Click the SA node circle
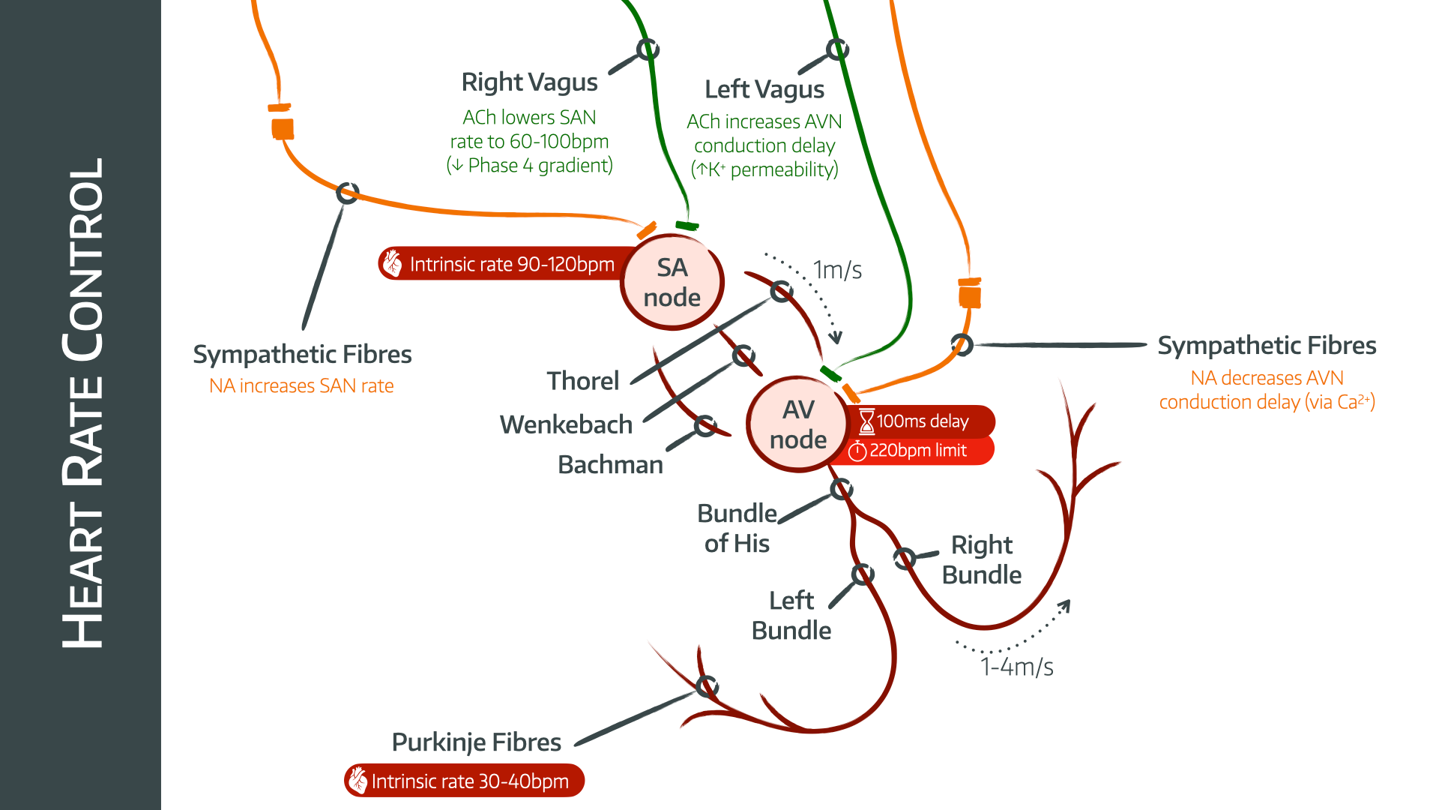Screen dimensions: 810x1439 (x=672, y=283)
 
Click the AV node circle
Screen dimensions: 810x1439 (x=797, y=424)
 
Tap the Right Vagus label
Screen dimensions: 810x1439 (x=529, y=82)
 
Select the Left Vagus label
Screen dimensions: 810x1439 (x=764, y=89)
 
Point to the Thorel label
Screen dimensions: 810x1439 (x=583, y=381)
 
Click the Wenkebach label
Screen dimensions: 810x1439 (x=566, y=424)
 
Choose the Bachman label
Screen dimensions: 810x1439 (x=610, y=465)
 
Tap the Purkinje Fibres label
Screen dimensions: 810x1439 (x=477, y=742)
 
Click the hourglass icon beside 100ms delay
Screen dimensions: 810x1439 (x=866, y=421)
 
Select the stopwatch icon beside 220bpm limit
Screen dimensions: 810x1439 (x=857, y=451)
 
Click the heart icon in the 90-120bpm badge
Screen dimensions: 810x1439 (x=393, y=264)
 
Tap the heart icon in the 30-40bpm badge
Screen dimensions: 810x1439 (x=358, y=781)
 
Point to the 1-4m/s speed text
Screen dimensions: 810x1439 (x=1016, y=667)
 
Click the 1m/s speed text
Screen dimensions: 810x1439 (x=837, y=270)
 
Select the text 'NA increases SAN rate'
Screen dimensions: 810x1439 (x=301, y=386)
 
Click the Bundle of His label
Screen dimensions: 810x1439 (x=737, y=528)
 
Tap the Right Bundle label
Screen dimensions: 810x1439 (x=981, y=559)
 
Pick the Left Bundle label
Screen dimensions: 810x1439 (x=791, y=615)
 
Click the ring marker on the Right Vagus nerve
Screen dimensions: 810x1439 (x=648, y=49)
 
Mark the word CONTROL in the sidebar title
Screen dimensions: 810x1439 (x=82, y=259)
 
